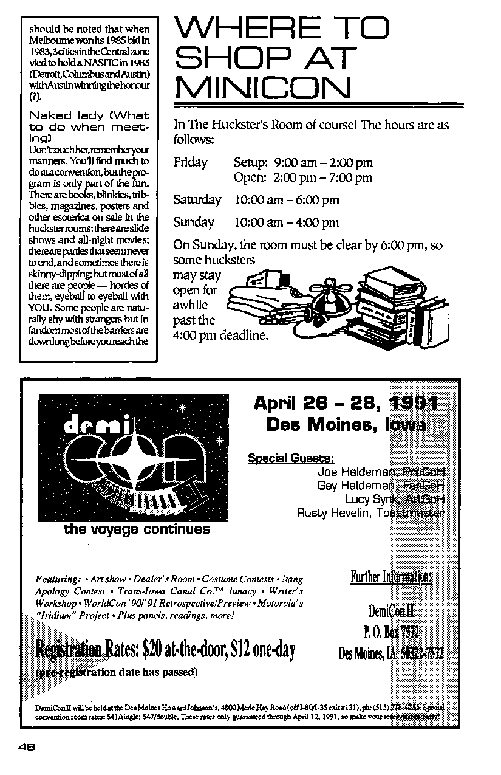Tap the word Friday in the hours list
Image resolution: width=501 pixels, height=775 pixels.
pos(190,162)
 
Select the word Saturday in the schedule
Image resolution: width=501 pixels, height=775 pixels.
pos(197,200)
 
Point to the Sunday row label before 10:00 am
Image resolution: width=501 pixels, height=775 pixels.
pos(194,222)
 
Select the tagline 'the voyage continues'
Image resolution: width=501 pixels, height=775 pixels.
pos(137,529)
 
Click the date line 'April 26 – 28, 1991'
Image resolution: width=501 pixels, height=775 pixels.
pos(346,402)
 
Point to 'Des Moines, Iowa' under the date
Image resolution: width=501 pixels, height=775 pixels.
pos(346,424)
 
